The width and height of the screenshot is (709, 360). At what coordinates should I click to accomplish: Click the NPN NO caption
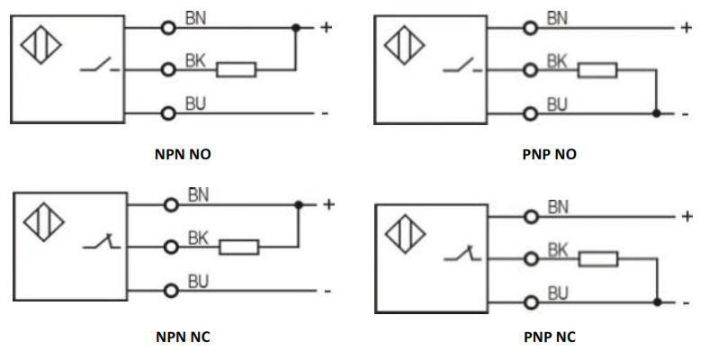pos(184,154)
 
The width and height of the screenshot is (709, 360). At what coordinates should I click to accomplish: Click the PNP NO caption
pos(549,154)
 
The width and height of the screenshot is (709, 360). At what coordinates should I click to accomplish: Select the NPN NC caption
pos(184,337)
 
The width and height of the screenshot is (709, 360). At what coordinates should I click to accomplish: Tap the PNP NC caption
pos(549,337)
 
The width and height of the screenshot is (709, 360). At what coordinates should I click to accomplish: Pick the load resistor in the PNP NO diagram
pos(597,70)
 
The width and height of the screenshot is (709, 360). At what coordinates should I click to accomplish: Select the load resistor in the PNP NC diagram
pos(598,259)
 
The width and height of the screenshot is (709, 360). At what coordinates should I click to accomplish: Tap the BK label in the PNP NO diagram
pos(557,61)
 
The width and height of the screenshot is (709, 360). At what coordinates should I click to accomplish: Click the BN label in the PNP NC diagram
pos(558,207)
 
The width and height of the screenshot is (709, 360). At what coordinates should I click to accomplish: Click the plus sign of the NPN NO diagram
pos(326,27)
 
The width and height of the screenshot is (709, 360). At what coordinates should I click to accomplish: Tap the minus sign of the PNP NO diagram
pos(686,114)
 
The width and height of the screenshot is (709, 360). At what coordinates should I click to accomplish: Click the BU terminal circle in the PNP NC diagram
pos(531,302)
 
